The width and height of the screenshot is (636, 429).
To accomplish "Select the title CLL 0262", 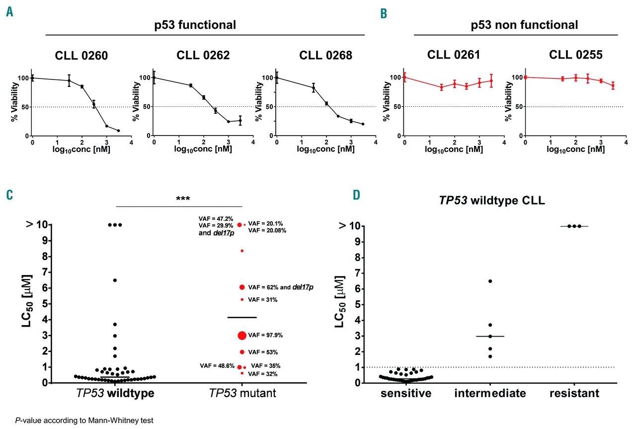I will pyautogui.click(x=203, y=56).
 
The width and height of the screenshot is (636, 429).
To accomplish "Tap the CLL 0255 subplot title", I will pyautogui.click(x=576, y=55).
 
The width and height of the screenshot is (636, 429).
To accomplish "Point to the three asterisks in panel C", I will pyautogui.click(x=183, y=199).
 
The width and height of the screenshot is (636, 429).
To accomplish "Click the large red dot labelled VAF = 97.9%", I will pyautogui.click(x=242, y=335).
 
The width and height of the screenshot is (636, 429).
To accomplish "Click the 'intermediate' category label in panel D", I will pyautogui.click(x=490, y=394).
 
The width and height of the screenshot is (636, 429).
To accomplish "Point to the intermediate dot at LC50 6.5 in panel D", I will pyautogui.click(x=490, y=281).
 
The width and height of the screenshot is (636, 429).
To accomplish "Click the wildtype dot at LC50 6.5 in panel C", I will pyautogui.click(x=115, y=280).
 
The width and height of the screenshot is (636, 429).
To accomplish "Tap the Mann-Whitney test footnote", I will pyautogui.click(x=83, y=420).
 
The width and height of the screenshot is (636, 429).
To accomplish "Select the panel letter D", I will pyautogui.click(x=356, y=195).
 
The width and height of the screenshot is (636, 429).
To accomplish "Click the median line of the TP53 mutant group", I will pyautogui.click(x=242, y=317).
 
